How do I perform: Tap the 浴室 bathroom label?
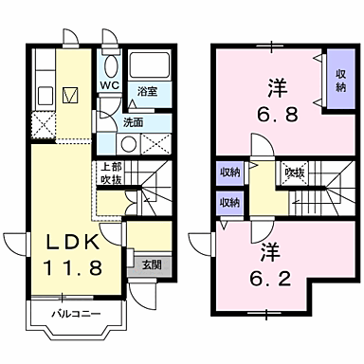[146, 92]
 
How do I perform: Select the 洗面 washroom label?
[133, 122]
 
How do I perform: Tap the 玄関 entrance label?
[150, 265]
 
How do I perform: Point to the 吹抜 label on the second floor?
[295, 173]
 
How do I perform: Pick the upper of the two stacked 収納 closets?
[230, 173]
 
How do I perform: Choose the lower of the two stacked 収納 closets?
[230, 202]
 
